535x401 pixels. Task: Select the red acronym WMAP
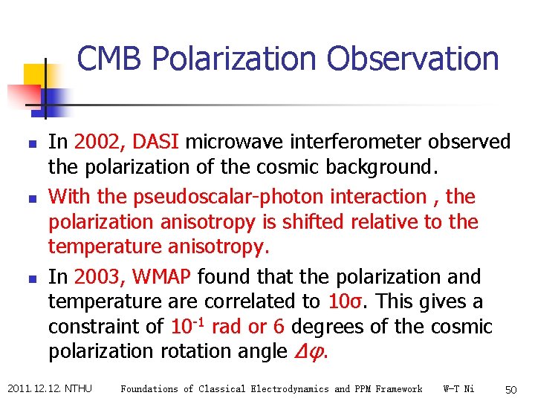(161, 277)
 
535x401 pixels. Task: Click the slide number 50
(510, 389)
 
